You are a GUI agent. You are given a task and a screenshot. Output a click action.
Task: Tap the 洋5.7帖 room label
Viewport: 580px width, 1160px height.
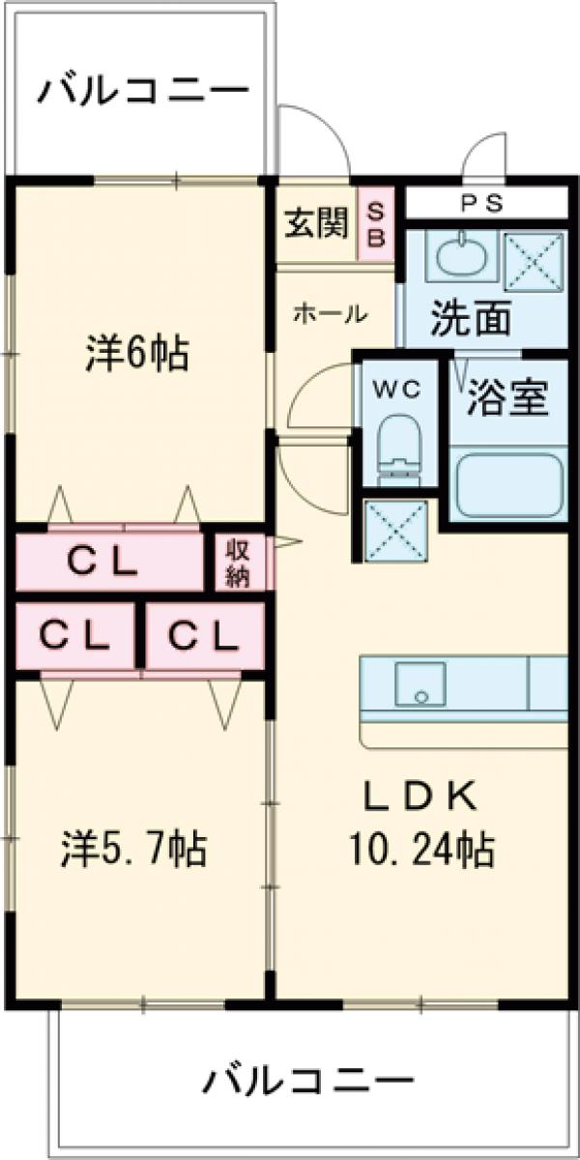point(133,849)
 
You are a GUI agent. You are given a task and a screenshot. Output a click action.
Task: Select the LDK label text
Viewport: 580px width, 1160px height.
point(419,797)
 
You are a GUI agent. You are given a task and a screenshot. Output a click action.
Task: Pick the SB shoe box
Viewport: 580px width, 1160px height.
point(376,225)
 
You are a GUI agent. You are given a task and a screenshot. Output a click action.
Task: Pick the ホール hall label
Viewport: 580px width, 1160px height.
point(330,314)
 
